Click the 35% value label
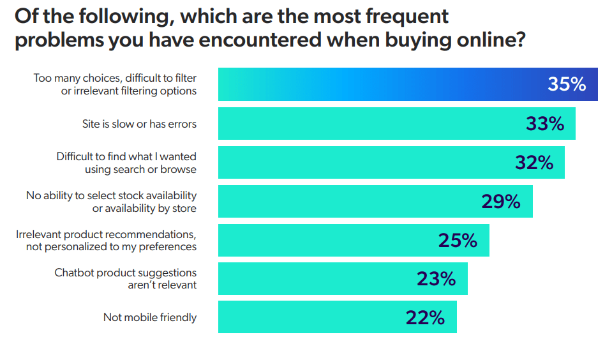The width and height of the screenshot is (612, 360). point(567,84)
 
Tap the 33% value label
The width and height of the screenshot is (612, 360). point(545,124)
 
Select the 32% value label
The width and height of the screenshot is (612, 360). point(534,163)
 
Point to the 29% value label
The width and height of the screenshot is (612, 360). point(501,202)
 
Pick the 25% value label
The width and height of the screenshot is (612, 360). point(458,241)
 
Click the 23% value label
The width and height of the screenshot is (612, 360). point(436,279)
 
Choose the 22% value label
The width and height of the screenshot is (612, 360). point(425,317)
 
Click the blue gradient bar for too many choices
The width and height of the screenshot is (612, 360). point(383,84)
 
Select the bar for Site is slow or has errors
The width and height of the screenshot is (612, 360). point(370,124)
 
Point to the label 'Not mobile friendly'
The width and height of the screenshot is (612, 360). point(150,317)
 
